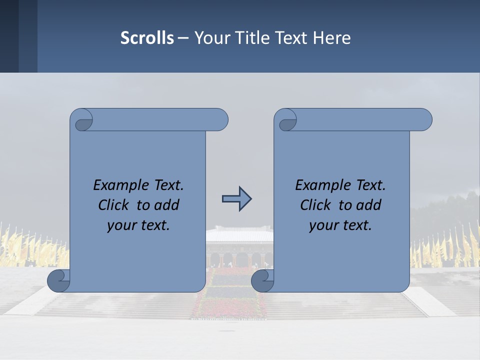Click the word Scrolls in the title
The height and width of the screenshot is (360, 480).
point(147,38)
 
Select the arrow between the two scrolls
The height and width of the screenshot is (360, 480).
point(236,199)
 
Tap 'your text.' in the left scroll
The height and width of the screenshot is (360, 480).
point(138,225)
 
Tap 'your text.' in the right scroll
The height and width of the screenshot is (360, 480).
point(340,225)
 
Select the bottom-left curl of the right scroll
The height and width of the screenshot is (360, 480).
point(263,280)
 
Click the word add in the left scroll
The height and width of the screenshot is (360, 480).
point(166,205)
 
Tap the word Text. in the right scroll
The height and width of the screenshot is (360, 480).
point(370,185)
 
